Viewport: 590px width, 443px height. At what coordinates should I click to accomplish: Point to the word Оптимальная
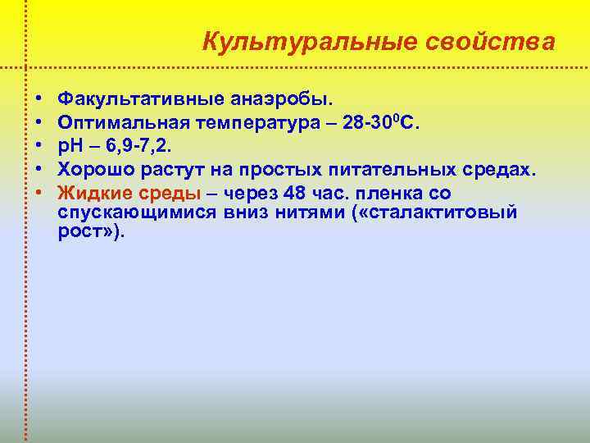[123, 123]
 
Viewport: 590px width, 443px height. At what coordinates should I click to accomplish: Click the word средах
[499, 170]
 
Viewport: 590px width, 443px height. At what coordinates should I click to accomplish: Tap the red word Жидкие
[93, 194]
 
